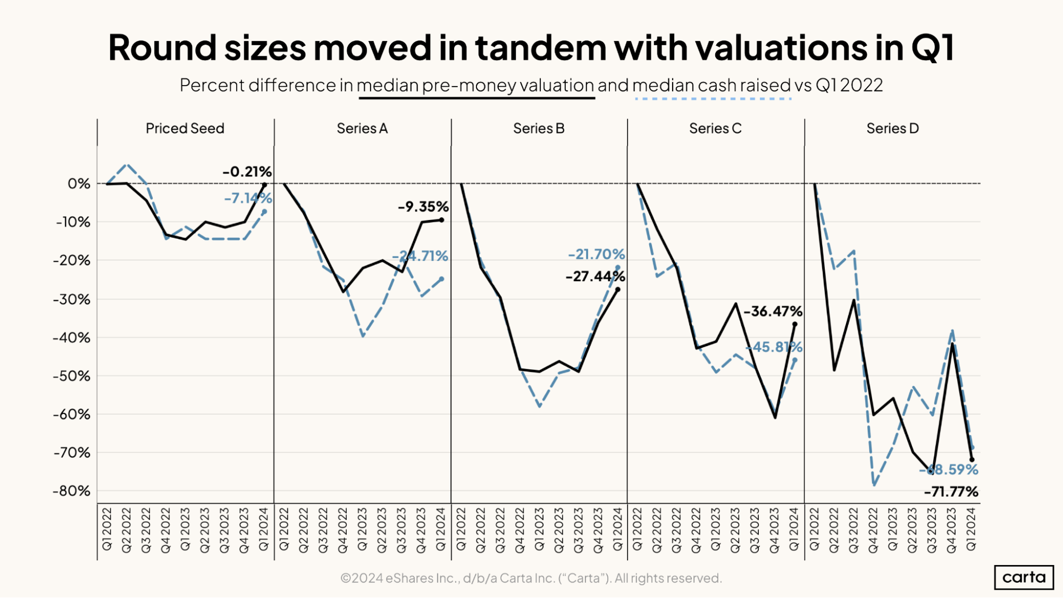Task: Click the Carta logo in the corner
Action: [1023, 577]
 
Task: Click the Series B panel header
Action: [539, 129]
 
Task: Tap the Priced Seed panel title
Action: [185, 129]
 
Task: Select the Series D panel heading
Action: [892, 129]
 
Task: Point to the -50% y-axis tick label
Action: [72, 376]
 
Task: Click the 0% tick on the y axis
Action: [79, 184]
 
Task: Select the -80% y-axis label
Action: [72, 491]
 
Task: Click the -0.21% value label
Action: [247, 172]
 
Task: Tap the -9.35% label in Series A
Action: [423, 207]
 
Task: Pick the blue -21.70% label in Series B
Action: [596, 255]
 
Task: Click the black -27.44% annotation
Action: [595, 276]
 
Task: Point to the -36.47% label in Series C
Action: [773, 311]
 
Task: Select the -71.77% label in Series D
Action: [951, 492]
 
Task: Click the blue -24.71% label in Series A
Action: [420, 256]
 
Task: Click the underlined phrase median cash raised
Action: [712, 85]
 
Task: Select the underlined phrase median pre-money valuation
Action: [475, 85]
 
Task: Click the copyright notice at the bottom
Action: [531, 578]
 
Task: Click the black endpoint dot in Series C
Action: [795, 324]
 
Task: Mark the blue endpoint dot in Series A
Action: [441, 279]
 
